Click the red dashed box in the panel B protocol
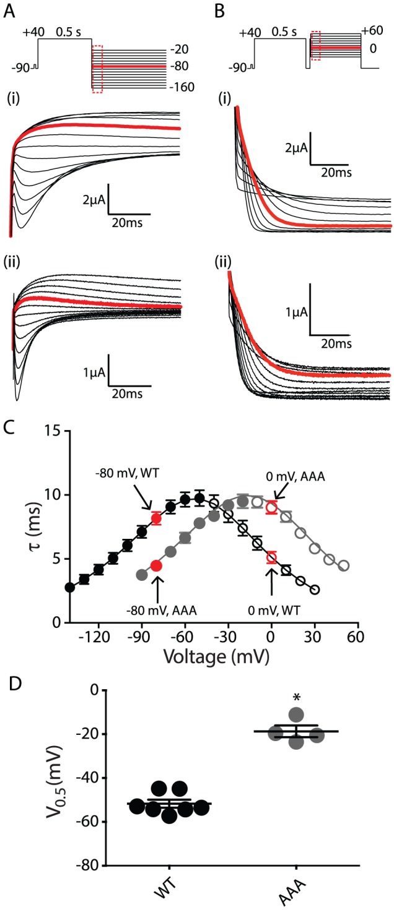[315, 45]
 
